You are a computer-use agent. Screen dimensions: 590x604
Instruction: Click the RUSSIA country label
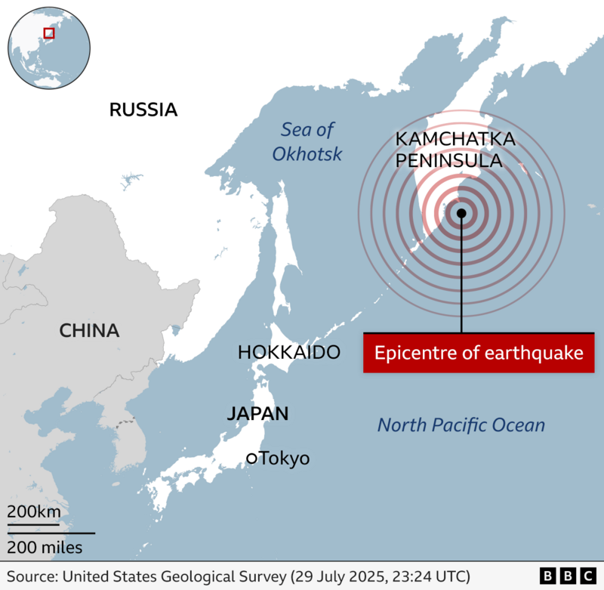(143, 110)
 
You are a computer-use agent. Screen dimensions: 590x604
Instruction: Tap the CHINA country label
(89, 331)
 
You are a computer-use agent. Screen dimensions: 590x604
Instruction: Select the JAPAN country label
(257, 413)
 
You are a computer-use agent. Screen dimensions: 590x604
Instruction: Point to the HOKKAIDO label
(288, 352)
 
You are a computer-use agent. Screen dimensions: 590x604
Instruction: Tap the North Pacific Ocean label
(461, 425)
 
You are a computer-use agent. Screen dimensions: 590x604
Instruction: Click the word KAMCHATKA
(455, 140)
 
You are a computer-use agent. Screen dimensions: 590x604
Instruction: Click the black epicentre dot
(461, 213)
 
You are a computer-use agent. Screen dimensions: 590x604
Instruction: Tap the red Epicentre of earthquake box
(479, 353)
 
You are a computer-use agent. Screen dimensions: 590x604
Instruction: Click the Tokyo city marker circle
(251, 458)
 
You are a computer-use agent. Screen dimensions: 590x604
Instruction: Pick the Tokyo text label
(285, 459)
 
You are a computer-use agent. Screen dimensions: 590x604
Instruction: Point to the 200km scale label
(34, 511)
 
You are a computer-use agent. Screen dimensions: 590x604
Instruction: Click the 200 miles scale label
(45, 546)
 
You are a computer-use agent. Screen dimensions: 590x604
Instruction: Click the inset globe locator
(49, 47)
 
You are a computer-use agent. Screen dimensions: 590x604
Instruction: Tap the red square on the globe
(49, 32)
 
